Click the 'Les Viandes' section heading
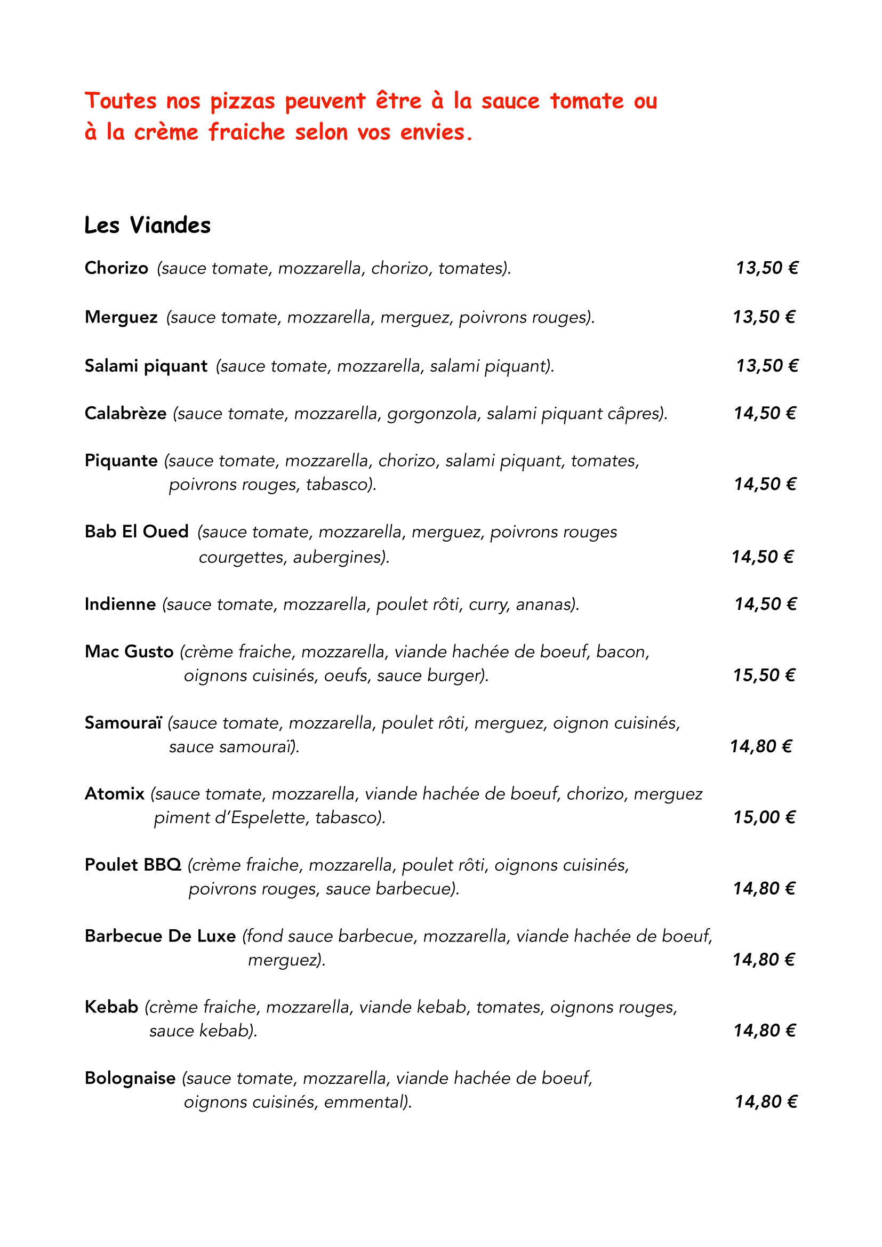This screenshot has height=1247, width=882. pyautogui.click(x=147, y=226)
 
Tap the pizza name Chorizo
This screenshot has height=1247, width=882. pyautogui.click(x=116, y=268)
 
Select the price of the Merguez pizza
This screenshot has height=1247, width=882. pyautogui.click(x=764, y=317)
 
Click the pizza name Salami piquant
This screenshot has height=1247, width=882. pyautogui.click(x=146, y=366)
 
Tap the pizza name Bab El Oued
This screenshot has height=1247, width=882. pyautogui.click(x=137, y=532)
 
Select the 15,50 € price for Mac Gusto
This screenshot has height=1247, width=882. pyautogui.click(x=764, y=675)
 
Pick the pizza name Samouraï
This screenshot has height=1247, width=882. pyautogui.click(x=123, y=723)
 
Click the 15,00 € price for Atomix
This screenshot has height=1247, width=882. pyautogui.click(x=764, y=817)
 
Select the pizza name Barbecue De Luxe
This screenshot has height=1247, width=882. pyautogui.click(x=160, y=936)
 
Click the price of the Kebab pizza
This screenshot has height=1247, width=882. pyautogui.click(x=764, y=1031)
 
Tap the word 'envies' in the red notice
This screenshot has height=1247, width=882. pyautogui.click(x=432, y=133)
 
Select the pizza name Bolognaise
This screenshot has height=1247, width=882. pyautogui.click(x=130, y=1078)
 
